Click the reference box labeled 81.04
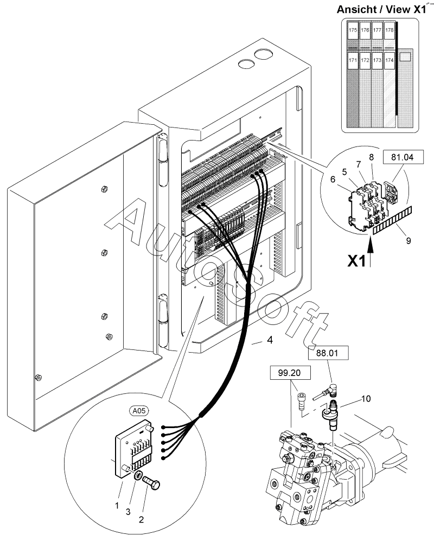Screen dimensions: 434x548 tap(403, 157)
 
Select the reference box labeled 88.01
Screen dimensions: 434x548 tap(328, 353)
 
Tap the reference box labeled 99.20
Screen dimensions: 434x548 tap(290, 373)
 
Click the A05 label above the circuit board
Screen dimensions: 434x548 tap(139, 411)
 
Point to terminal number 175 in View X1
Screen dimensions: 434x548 tap(353, 30)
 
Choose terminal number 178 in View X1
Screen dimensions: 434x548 tap(390, 30)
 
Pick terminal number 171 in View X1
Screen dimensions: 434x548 tap(353, 60)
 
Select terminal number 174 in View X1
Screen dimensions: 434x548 tap(390, 60)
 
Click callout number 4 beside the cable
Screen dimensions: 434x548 tap(270, 340)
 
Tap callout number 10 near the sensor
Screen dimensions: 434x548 tap(366, 398)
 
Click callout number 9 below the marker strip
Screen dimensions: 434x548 tap(408, 240)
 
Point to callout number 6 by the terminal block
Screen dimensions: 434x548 tap(333, 179)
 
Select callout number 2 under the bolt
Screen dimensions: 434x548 tap(141, 520)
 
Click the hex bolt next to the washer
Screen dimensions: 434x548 tap(151, 483)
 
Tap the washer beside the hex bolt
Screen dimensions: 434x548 tap(138, 475)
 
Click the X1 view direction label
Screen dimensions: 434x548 tap(356, 261)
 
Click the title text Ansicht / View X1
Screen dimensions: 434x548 tap(381, 9)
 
